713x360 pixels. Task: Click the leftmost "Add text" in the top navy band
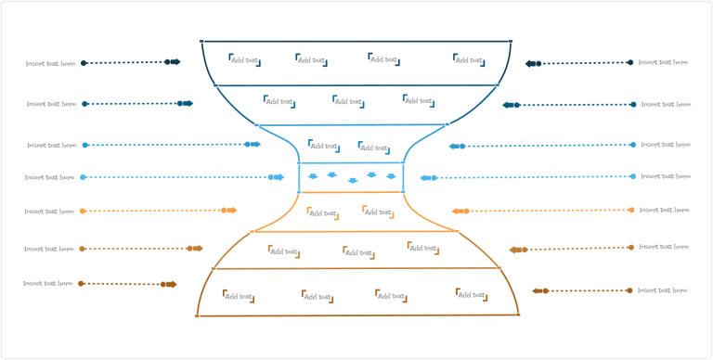click(245, 60)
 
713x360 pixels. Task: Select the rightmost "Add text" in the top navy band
click(469, 60)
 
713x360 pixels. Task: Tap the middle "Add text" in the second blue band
click(348, 100)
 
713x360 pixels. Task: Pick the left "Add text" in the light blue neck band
click(323, 146)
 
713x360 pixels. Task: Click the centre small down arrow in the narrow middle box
click(352, 180)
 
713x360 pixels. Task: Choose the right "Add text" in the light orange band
click(378, 212)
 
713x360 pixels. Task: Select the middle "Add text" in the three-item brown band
click(357, 251)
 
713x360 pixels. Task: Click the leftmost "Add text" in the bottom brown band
click(239, 295)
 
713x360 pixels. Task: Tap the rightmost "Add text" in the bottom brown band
click(472, 294)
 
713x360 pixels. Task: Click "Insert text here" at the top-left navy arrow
click(50, 64)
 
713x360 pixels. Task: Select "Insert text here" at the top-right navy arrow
click(663, 62)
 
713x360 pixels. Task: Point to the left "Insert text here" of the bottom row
click(47, 283)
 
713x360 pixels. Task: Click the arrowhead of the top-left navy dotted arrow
click(176, 62)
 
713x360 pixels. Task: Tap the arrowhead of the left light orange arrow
click(232, 210)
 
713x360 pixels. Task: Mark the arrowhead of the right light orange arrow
click(456, 212)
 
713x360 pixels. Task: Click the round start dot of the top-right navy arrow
click(630, 62)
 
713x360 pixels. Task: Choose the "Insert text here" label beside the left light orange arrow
click(49, 212)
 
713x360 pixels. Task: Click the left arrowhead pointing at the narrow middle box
click(279, 177)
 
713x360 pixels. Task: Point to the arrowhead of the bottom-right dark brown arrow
click(535, 291)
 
